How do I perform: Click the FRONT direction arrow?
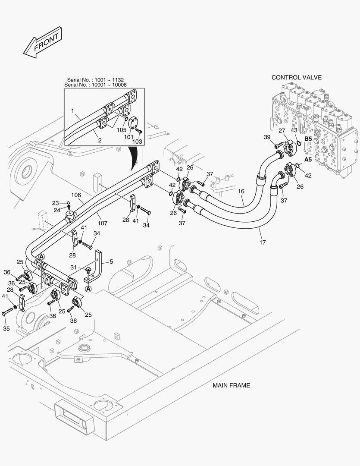pyautogui.click(x=43, y=42)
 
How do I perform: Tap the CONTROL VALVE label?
pyautogui.click(x=297, y=77)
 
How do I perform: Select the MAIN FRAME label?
pyautogui.click(x=232, y=385)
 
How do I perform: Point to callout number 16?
pyautogui.click(x=241, y=191)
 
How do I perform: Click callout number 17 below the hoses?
pyautogui.click(x=263, y=242)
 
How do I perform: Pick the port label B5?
pyautogui.click(x=308, y=139)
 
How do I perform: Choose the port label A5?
pyautogui.click(x=308, y=160)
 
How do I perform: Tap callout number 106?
pyautogui.click(x=76, y=195)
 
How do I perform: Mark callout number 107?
pyautogui.click(x=103, y=223)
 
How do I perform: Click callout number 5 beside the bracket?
pyautogui.click(x=111, y=261)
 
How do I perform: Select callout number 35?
pyautogui.click(x=6, y=328)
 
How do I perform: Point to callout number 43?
pyautogui.click(x=294, y=130)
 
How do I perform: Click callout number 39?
pyautogui.click(x=267, y=137)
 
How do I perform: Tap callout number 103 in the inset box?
pyautogui.click(x=137, y=142)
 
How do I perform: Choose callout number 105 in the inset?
pyautogui.click(x=121, y=130)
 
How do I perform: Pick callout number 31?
pyautogui.click(x=74, y=268)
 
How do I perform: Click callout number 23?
pyautogui.click(x=56, y=203)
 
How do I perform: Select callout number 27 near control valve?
pyautogui.click(x=282, y=130)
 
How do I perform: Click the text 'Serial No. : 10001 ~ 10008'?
pyautogui.click(x=95, y=85)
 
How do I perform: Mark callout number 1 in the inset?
pyautogui.click(x=72, y=111)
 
